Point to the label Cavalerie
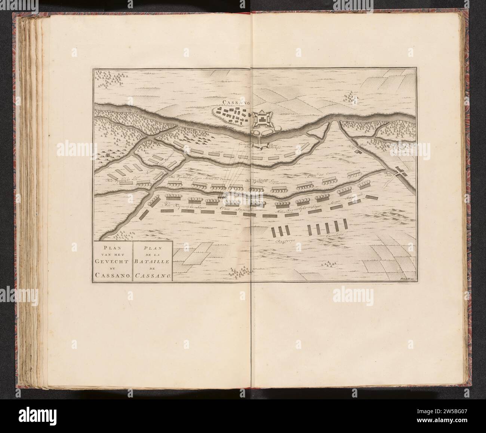click(335, 235)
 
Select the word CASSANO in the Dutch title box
click(113, 276)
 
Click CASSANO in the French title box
click(153, 276)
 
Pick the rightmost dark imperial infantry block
click(372, 196)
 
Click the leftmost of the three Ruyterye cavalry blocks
click(274, 232)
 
